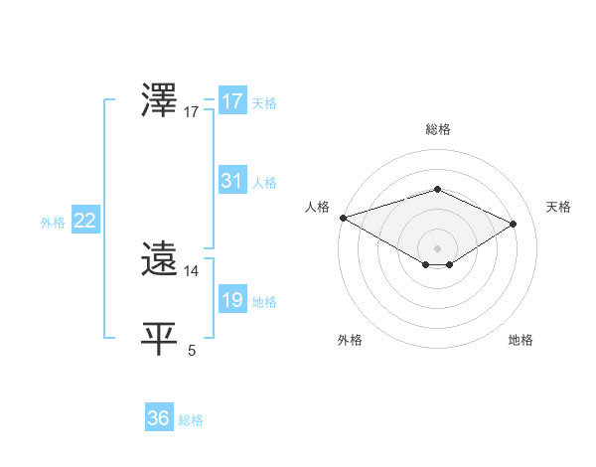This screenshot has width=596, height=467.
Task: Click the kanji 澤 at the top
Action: tap(160, 101)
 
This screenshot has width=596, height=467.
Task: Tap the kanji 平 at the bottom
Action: tap(160, 338)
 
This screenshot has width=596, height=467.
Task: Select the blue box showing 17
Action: tap(232, 101)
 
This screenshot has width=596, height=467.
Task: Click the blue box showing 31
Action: tap(232, 181)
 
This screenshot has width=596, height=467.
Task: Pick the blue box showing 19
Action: tap(232, 300)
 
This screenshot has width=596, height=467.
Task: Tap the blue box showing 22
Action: tap(84, 221)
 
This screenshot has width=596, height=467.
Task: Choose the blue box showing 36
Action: tap(159, 418)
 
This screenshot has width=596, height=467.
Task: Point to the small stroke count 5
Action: tap(192, 350)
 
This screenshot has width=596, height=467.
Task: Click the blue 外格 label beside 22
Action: tap(53, 223)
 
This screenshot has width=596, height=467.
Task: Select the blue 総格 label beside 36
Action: tap(191, 420)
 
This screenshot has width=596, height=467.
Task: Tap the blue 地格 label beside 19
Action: tap(264, 302)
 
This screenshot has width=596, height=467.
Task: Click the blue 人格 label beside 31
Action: tap(264, 183)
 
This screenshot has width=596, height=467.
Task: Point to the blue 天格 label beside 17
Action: tap(264, 103)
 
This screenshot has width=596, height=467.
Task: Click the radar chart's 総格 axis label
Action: tap(437, 129)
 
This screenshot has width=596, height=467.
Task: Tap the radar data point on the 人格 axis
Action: tap(343, 217)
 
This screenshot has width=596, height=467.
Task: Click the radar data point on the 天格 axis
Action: tap(514, 224)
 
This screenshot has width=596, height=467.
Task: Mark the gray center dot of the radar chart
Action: tap(437, 247)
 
